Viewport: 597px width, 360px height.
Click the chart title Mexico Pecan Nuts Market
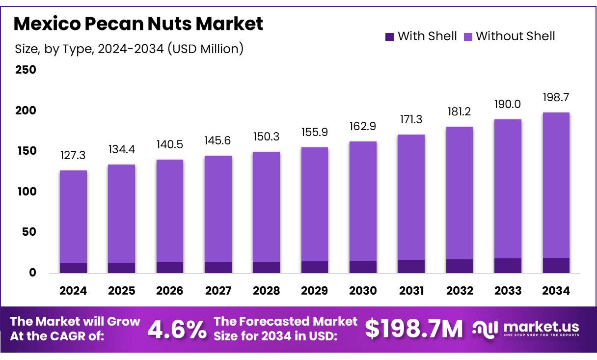pos(138,24)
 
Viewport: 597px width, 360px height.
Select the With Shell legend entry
pos(421,36)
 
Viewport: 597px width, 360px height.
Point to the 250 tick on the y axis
pos(25,70)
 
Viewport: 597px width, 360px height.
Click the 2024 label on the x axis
pos(73,291)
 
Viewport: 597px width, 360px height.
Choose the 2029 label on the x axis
pos(315,291)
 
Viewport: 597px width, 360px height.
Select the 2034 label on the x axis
pos(556,291)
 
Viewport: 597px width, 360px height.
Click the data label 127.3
pos(73,156)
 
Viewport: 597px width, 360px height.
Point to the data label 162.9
pos(363,127)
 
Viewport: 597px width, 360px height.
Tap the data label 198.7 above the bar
pos(556,98)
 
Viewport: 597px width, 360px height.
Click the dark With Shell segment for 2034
pos(556,265)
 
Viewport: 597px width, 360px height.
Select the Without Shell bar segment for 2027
pos(218,209)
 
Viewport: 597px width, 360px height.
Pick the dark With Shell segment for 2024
pos(73,268)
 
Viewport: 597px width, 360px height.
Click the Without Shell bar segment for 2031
pos(411,197)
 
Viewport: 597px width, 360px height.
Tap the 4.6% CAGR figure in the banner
pos(177,330)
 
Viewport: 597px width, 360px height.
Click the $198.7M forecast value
pos(414,330)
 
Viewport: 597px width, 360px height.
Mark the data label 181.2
pos(460,112)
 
